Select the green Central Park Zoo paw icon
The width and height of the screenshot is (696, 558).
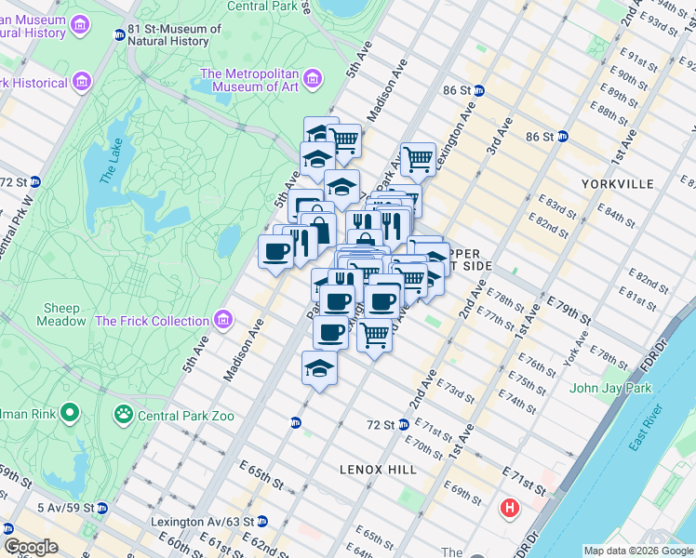[x=123, y=412]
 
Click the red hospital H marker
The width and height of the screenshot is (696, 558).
[x=510, y=509]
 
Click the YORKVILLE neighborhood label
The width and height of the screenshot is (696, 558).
[x=617, y=184]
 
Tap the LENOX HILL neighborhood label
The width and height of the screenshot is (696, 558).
[x=378, y=470]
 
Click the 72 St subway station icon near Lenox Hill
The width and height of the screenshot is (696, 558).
[x=404, y=424]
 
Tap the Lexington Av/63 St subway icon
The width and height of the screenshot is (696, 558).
[x=262, y=521]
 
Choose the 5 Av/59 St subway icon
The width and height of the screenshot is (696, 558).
[x=102, y=508]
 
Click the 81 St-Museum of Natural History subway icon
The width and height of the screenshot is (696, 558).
[x=119, y=35]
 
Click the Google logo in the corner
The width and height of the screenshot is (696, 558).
[x=31, y=547]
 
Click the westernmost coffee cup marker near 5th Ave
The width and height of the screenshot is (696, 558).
[x=276, y=251]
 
